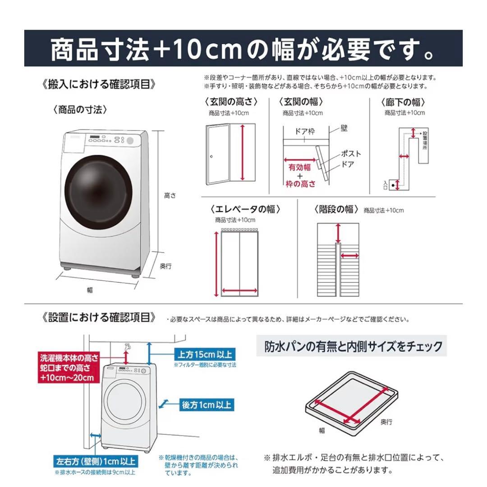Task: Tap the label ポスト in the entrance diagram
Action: (x=351, y=154)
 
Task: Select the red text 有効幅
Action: (x=300, y=167)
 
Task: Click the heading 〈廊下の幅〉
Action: (x=404, y=102)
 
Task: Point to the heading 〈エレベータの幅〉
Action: (x=245, y=209)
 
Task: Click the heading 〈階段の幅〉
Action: (x=336, y=209)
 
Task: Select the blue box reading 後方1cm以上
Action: (x=206, y=404)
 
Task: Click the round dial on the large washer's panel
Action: (x=130, y=141)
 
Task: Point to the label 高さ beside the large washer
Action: (x=170, y=196)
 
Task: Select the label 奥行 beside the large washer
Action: (x=166, y=266)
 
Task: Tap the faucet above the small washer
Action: (x=128, y=347)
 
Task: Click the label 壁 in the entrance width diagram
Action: (x=345, y=129)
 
